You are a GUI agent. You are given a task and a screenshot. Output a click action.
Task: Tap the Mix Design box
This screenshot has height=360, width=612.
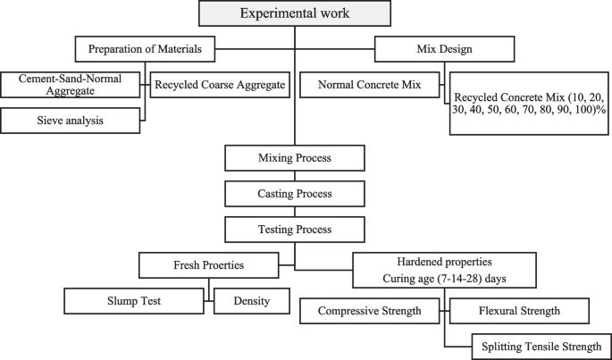(443, 47)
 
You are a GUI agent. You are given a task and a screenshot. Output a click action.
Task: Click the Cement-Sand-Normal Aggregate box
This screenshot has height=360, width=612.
(71, 85)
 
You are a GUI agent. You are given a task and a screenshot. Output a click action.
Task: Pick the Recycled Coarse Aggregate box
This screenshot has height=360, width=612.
(220, 85)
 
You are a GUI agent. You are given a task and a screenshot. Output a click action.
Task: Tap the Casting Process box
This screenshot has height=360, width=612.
(295, 194)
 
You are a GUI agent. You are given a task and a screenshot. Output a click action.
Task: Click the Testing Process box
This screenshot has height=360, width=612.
(295, 230)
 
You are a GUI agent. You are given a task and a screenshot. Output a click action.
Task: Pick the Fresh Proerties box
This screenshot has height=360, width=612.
(205, 265)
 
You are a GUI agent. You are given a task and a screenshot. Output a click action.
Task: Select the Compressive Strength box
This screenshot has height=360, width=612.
(369, 312)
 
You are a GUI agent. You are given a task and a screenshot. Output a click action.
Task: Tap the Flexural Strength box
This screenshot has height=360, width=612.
(518, 312)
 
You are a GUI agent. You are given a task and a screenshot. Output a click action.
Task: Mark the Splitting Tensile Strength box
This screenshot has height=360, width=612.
(541, 346)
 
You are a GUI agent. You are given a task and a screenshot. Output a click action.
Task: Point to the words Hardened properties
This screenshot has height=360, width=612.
(443, 262)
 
